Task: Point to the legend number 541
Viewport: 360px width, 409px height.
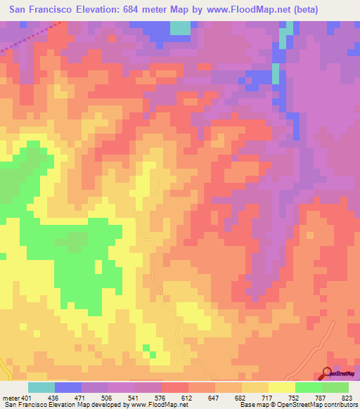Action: [x=136, y=398]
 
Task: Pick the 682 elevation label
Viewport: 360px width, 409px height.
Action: [x=241, y=398]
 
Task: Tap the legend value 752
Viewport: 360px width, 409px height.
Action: [x=295, y=398]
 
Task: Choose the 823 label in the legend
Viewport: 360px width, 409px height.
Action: [x=347, y=398]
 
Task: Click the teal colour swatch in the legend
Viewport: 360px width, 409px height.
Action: [x=41, y=387]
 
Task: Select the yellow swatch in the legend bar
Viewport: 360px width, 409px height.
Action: [x=281, y=387]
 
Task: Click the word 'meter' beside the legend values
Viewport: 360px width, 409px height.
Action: [x=9, y=398]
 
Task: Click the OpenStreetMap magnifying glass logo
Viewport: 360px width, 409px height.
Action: [x=328, y=375]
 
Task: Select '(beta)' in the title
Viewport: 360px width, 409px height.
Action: [x=300, y=10]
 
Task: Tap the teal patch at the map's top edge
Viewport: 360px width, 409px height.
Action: [x=181, y=28]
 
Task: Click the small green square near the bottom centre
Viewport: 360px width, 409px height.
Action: [x=146, y=347]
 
